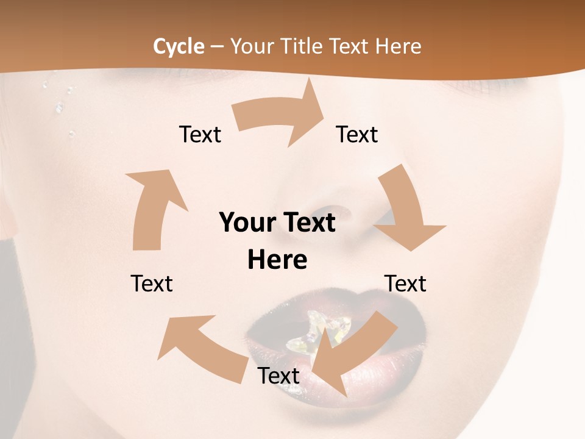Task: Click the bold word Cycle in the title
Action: tap(179, 46)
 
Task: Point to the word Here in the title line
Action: tap(398, 46)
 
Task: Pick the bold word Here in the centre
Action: tap(277, 260)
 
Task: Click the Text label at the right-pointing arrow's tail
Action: tap(200, 134)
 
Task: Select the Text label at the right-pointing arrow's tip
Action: tap(357, 134)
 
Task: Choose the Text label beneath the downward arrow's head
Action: tap(405, 284)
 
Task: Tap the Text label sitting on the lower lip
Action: tap(278, 376)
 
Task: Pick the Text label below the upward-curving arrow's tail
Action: tap(152, 284)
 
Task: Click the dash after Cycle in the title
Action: tap(217, 46)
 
